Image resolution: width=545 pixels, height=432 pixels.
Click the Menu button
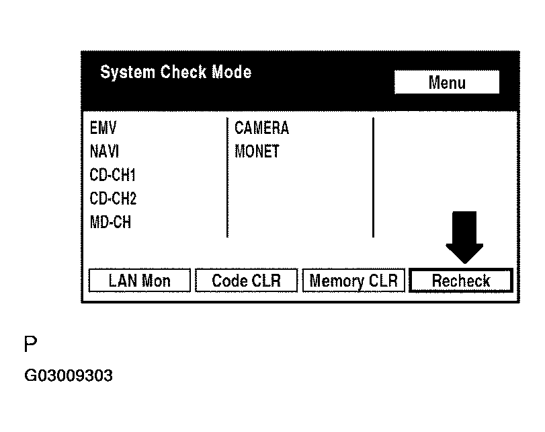[x=446, y=83]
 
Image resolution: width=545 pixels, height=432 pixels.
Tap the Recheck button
[x=460, y=281]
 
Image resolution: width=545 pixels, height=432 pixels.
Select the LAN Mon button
[x=139, y=281]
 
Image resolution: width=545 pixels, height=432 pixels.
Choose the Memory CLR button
[x=354, y=281]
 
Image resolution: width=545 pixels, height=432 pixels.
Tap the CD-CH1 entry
[x=113, y=175]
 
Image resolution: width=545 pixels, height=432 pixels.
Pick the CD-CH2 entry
[x=113, y=199]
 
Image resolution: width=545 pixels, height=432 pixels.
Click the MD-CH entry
[x=110, y=222]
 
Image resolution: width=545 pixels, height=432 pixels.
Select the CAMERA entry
[x=261, y=128]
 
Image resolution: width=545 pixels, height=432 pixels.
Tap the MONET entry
[x=257, y=151]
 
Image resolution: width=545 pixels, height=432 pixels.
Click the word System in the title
[x=128, y=73]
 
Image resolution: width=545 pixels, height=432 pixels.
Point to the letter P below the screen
[x=30, y=345]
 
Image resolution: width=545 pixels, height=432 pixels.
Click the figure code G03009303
[x=68, y=375]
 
